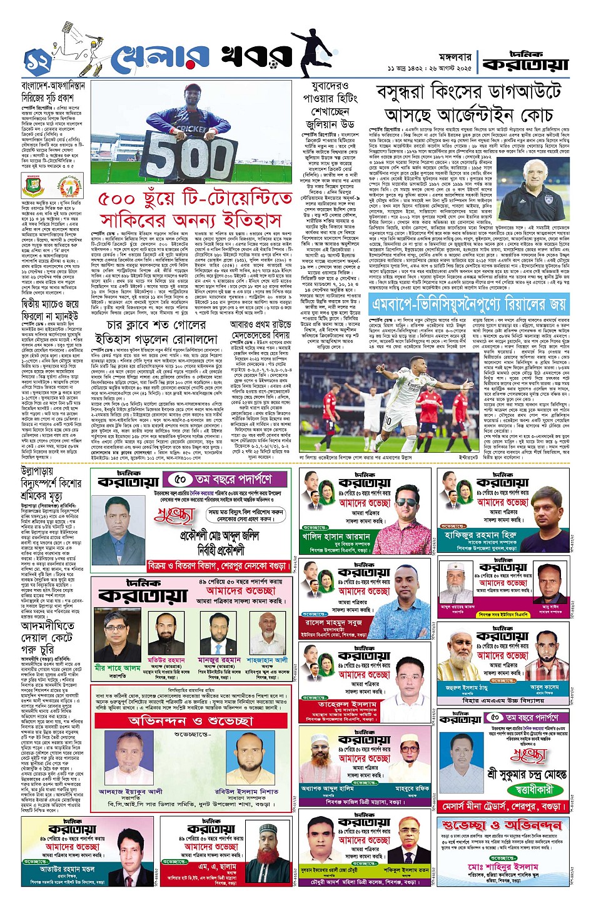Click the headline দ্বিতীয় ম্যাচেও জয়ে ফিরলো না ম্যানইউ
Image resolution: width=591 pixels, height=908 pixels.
click(51, 310)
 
